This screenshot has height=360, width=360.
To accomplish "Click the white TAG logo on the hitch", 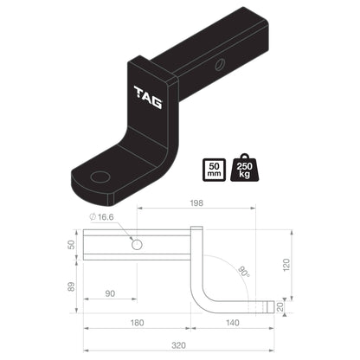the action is click(148, 97).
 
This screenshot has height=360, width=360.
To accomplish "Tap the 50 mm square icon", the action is click(215, 170).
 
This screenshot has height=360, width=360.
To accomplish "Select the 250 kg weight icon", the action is click(245, 168).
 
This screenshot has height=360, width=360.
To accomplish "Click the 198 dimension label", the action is click(196, 203).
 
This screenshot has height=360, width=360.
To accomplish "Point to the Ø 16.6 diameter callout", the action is click(101, 217).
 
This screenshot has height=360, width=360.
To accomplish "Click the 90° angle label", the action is click(244, 272).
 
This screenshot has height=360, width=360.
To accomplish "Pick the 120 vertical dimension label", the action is click(286, 265).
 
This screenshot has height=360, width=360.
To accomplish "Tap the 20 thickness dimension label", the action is click(280, 307).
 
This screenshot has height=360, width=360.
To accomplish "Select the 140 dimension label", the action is click(233, 323).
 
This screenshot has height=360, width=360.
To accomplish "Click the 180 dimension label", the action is click(137, 323).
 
